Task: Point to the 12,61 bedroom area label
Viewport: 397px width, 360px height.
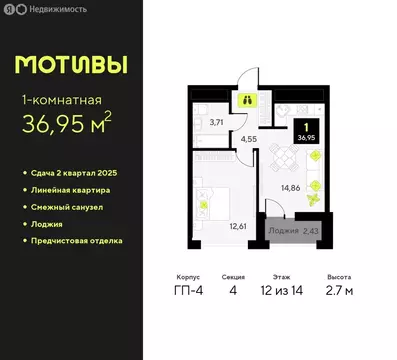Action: click(237, 225)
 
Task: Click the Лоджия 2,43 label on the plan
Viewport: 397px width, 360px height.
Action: click(294, 231)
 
